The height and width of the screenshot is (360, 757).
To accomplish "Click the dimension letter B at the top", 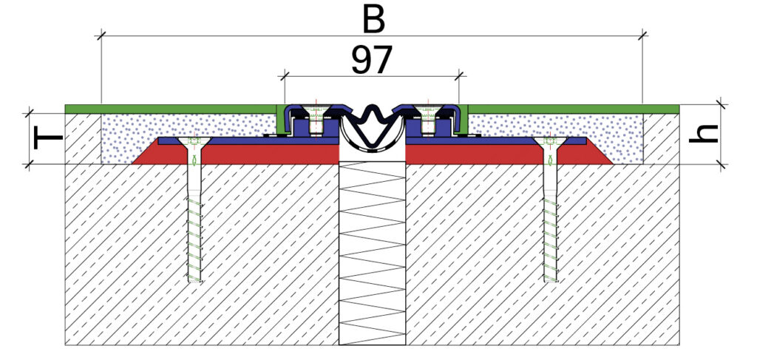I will pos(374,20).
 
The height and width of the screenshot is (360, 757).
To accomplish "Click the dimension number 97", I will pos(371,61).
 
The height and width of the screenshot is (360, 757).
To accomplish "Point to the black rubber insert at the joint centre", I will pos(372,126).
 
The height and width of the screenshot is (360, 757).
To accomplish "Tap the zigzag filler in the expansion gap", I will pos(372,251).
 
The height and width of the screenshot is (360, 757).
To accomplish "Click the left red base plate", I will pos(237,154).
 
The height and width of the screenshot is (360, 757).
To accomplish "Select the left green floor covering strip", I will pos(170,109).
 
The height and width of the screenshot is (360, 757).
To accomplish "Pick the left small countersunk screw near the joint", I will pos(316,118).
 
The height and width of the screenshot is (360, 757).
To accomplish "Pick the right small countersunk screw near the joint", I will pos(428,118).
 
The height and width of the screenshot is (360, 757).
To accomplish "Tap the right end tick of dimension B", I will pos(643,34).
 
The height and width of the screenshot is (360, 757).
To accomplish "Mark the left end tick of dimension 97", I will pos(285,75).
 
